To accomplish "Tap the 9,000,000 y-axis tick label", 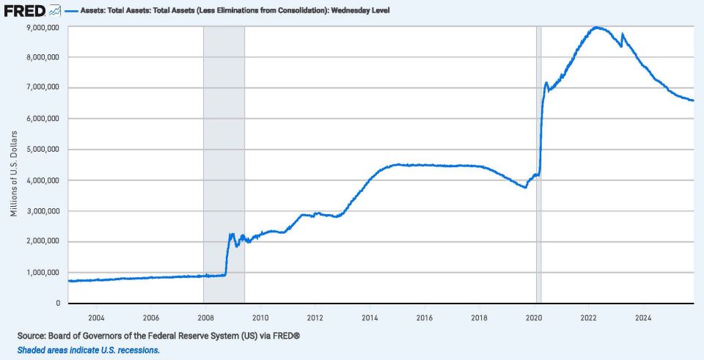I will (43, 26).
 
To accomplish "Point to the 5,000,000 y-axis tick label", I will (43, 150).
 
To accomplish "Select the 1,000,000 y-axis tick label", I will (43, 273).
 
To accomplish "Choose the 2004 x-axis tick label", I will (95, 317).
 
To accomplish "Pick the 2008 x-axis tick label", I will (205, 317).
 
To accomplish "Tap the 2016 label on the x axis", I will (425, 317).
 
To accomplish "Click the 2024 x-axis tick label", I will (643, 317).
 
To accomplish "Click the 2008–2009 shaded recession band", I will (224, 147).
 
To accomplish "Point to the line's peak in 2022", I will (597, 27).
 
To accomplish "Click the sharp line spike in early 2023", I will (623, 34).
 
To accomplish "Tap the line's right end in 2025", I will (694, 100).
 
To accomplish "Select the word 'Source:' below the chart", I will (32, 336).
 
